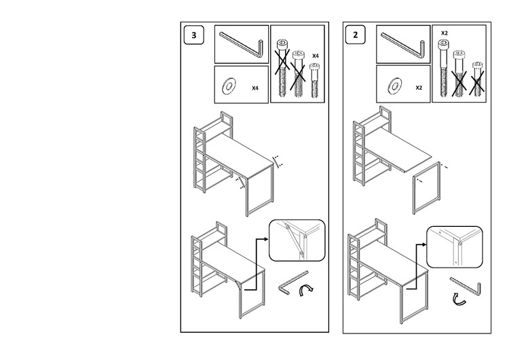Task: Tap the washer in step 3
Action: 229,86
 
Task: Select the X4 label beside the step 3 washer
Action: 255,88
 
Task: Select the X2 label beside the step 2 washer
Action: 419,88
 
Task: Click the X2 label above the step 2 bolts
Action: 445,33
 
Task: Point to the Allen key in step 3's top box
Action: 242,45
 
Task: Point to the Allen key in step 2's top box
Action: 404,45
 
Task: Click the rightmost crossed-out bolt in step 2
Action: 477,82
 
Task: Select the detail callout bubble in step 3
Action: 297,240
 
